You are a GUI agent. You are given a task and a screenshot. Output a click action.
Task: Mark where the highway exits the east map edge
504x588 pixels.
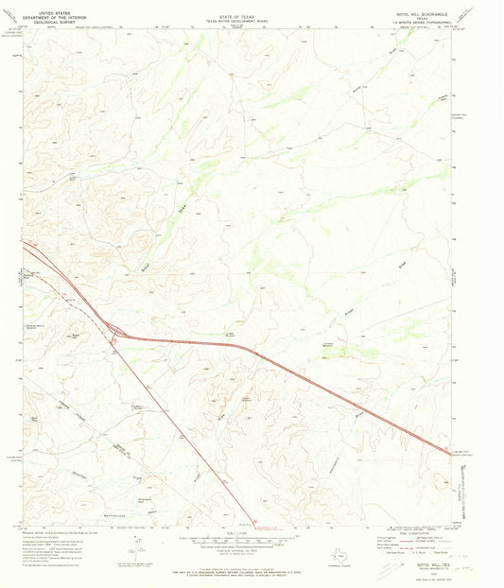coord(450,453)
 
